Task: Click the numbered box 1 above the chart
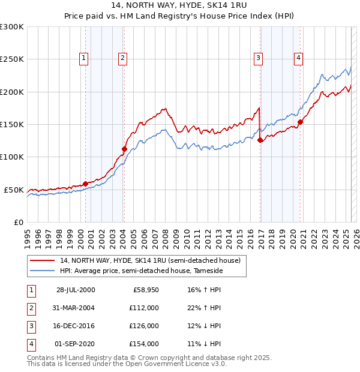coord(83,58)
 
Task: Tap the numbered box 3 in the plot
coord(258,58)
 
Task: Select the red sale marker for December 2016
coord(260,140)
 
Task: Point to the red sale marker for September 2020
coord(301,122)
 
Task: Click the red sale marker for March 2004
coord(124,149)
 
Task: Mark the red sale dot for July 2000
coord(85,184)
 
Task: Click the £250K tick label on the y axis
coord(12,59)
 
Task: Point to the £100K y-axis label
coord(12,157)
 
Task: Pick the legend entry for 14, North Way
coord(150,260)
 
